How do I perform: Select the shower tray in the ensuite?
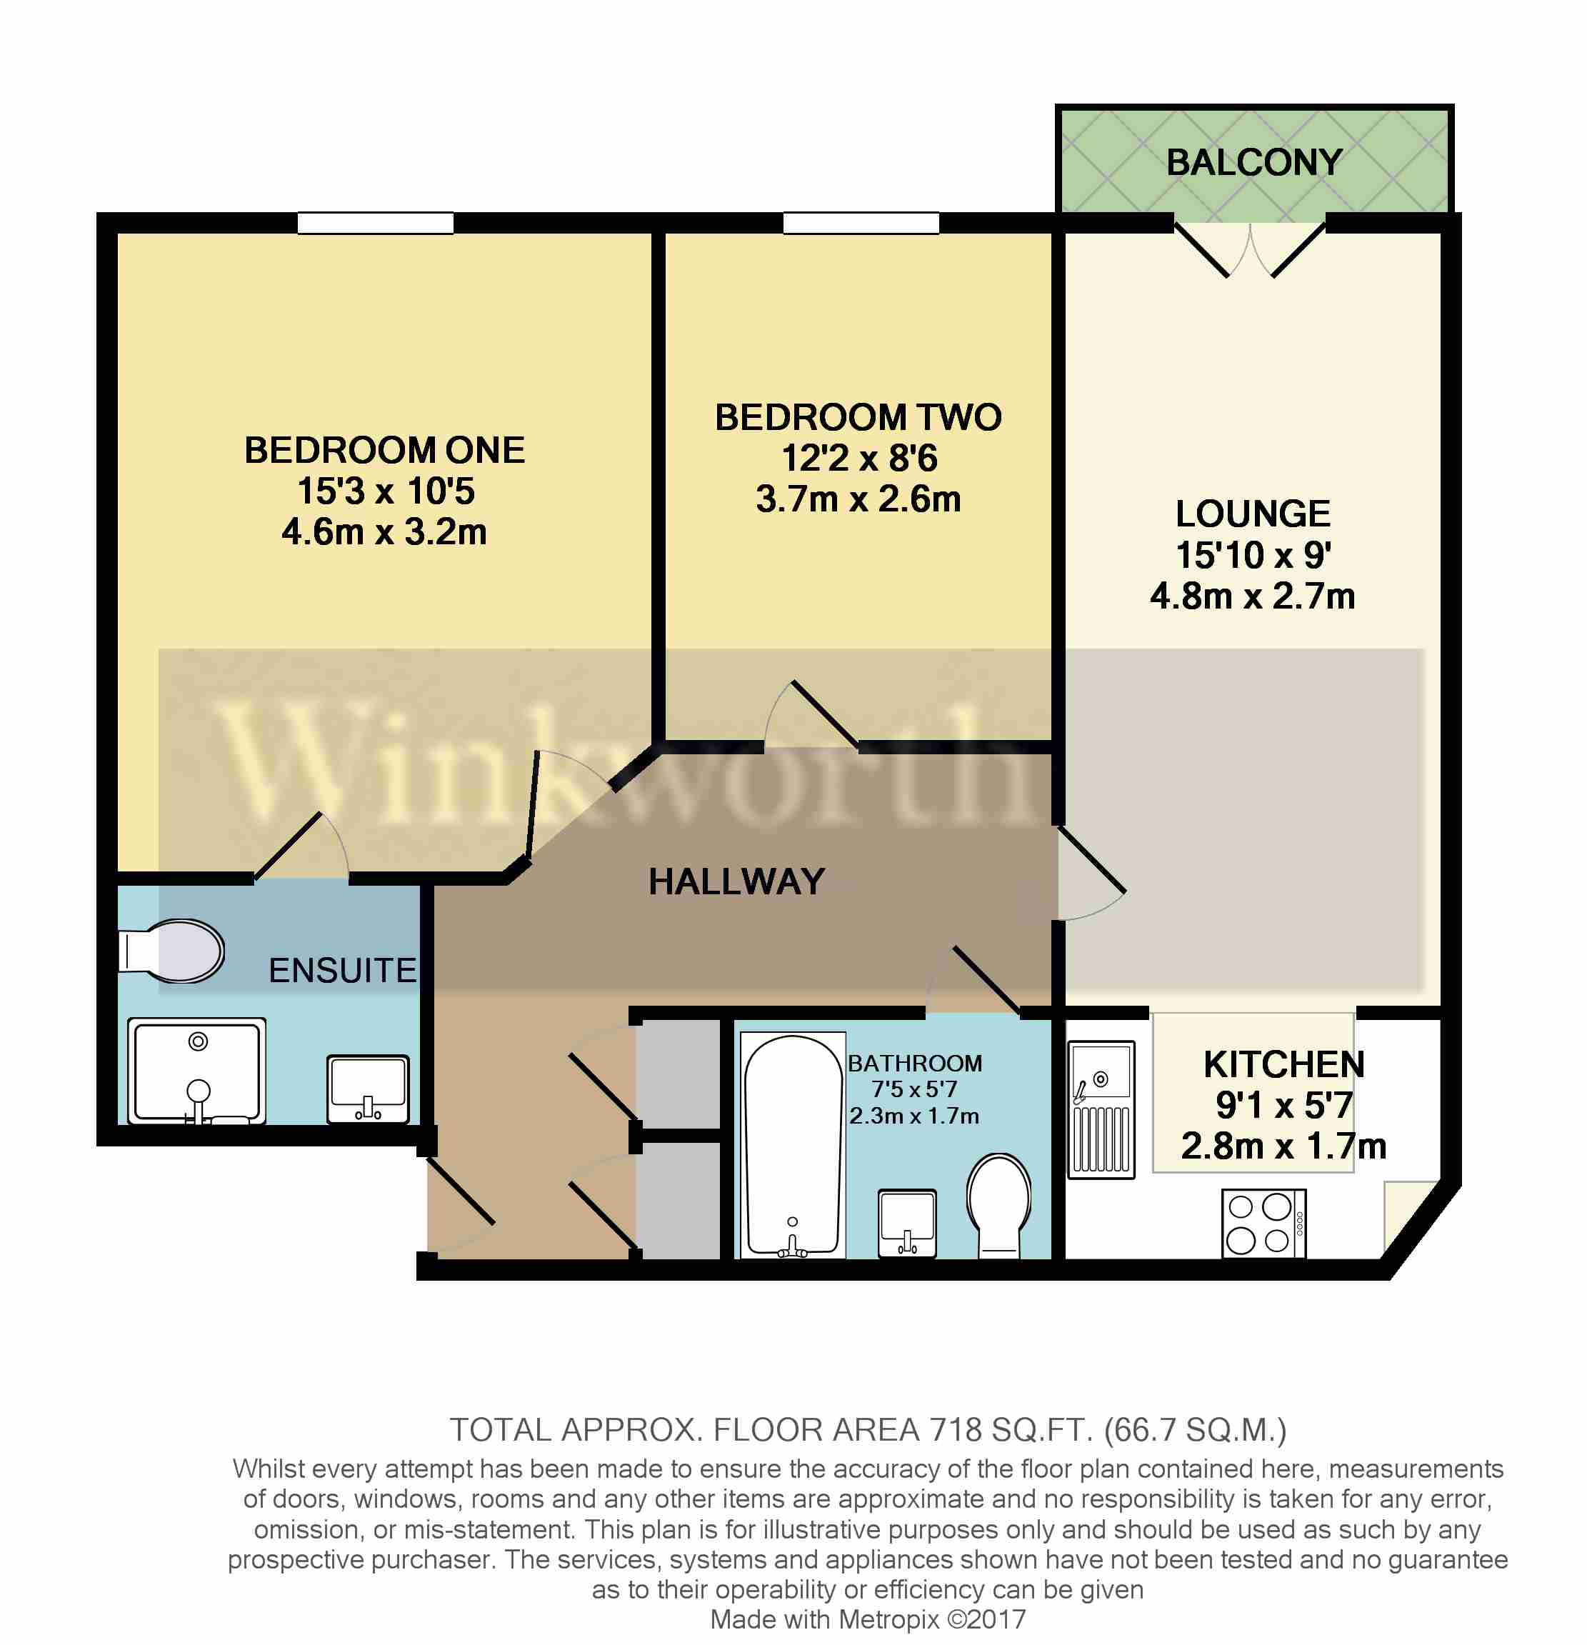196,1071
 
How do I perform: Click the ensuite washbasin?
368,1089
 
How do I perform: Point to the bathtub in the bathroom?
792,1146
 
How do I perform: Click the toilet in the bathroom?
998,1204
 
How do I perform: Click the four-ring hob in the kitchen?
1262,1223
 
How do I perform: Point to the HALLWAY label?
736,881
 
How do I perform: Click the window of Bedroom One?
375,224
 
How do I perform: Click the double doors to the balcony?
1250,248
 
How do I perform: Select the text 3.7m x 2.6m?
858,499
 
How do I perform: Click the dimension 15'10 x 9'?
1252,555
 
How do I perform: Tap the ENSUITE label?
341,970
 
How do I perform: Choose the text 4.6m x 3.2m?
384,532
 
